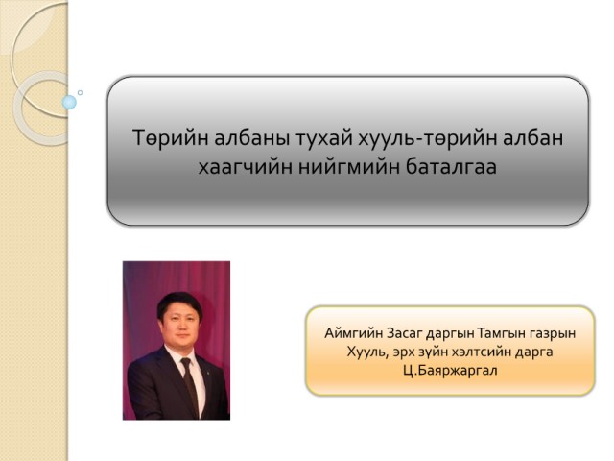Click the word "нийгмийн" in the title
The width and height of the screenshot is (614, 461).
[347, 166]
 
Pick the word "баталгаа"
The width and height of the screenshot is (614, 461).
[451, 166]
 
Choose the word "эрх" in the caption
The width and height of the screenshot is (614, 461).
[404, 352]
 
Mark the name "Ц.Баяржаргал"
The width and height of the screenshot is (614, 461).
[450, 370]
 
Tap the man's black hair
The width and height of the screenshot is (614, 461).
[179, 303]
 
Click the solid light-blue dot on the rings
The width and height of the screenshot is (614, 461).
[69, 103]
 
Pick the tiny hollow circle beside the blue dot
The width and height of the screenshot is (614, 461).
[80, 93]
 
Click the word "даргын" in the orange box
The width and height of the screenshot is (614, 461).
[450, 334]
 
